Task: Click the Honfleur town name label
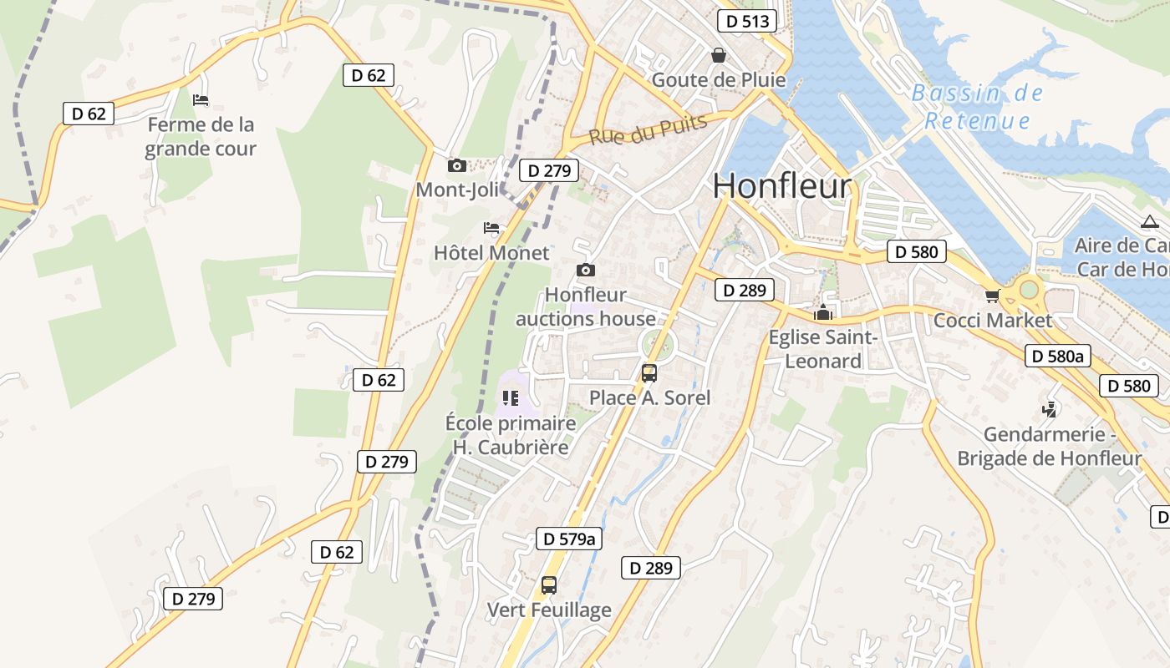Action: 782,185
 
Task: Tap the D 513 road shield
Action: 747,21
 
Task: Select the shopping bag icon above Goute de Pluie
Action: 718,55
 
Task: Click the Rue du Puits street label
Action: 649,129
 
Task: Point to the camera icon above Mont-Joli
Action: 456,165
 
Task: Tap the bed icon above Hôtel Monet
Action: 491,228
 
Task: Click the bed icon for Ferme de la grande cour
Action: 201,100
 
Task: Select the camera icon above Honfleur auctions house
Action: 586,270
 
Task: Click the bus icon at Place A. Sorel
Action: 649,373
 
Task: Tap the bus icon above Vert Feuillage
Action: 548,585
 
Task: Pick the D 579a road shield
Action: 568,539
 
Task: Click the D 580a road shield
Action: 1058,357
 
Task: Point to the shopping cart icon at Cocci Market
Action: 992,296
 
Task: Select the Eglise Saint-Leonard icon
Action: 823,313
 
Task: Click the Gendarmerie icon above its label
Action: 1049,409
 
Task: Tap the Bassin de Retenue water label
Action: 977,107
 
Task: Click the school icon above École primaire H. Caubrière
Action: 511,398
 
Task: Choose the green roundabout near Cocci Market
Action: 1029,289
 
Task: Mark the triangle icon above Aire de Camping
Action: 1149,222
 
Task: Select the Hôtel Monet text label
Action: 491,252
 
